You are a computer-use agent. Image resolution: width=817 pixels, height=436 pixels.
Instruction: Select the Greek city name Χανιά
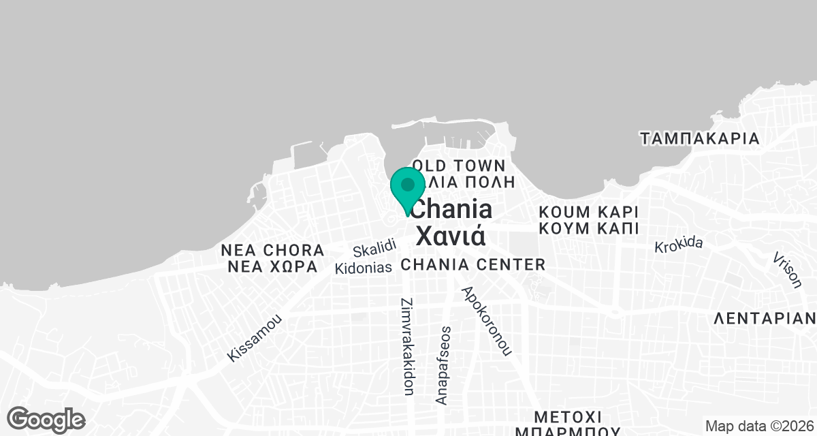pyautogui.click(x=450, y=235)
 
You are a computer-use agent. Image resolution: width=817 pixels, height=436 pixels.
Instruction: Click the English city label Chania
pyautogui.click(x=452, y=208)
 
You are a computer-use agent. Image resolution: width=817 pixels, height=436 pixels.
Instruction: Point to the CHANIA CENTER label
pyautogui.click(x=473, y=264)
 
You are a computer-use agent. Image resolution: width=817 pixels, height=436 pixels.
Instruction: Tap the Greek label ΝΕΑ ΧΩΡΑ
pyautogui.click(x=272, y=266)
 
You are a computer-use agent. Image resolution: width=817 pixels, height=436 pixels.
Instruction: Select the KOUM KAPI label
pyautogui.click(x=588, y=210)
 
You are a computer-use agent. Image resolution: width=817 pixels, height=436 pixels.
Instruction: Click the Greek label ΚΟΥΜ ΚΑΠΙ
pyautogui.click(x=588, y=228)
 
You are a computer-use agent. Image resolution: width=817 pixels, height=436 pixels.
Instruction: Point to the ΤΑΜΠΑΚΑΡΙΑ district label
pyautogui.click(x=700, y=138)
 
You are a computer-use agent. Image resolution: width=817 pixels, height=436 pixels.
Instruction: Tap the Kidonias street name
pyautogui.click(x=364, y=268)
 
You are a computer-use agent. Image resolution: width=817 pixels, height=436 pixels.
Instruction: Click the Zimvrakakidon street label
pyautogui.click(x=408, y=346)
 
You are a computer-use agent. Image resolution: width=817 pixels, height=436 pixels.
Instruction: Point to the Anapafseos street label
pyautogui.click(x=444, y=365)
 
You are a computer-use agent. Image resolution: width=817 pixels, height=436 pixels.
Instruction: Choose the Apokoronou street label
pyautogui.click(x=486, y=321)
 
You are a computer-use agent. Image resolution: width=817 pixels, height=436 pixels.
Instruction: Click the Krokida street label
pyautogui.click(x=678, y=245)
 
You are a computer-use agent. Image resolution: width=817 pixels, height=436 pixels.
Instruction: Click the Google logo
pyautogui.click(x=47, y=419)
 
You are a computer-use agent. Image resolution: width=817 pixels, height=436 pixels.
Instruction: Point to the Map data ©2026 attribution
pyautogui.click(x=759, y=426)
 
